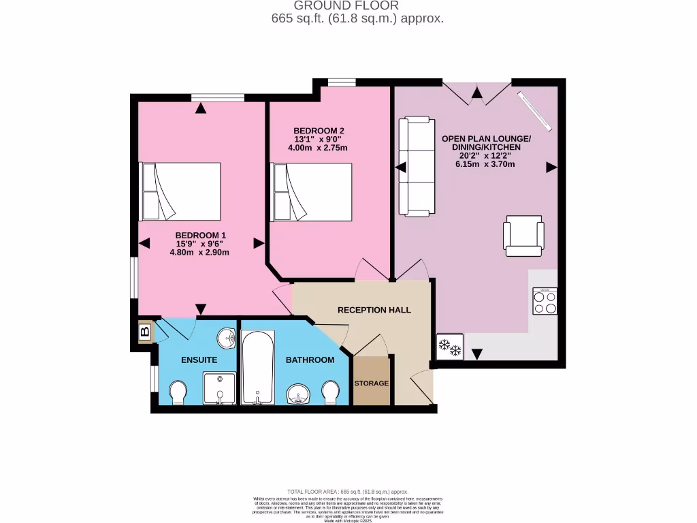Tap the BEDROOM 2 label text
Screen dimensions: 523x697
pos(319,131)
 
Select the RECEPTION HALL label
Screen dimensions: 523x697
pos(374,310)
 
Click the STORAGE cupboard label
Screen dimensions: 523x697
pos(372,383)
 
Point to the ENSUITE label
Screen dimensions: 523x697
pos(199,360)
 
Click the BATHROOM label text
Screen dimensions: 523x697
pos(310,360)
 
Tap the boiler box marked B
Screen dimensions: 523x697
pos(144,332)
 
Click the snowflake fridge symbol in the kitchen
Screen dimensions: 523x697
pos(450,347)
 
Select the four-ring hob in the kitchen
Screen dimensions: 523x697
pos(545,301)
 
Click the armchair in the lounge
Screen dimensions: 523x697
pos(523,236)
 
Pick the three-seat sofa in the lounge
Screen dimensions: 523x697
pos(417,167)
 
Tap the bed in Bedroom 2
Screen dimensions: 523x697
pos(312,192)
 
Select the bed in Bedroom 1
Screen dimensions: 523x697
pos(180,191)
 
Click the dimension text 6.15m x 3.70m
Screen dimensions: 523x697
pos(485,164)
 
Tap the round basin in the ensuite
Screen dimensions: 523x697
pos(227,337)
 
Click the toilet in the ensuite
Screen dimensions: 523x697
pos(178,392)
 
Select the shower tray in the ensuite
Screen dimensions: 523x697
pos(219,388)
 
